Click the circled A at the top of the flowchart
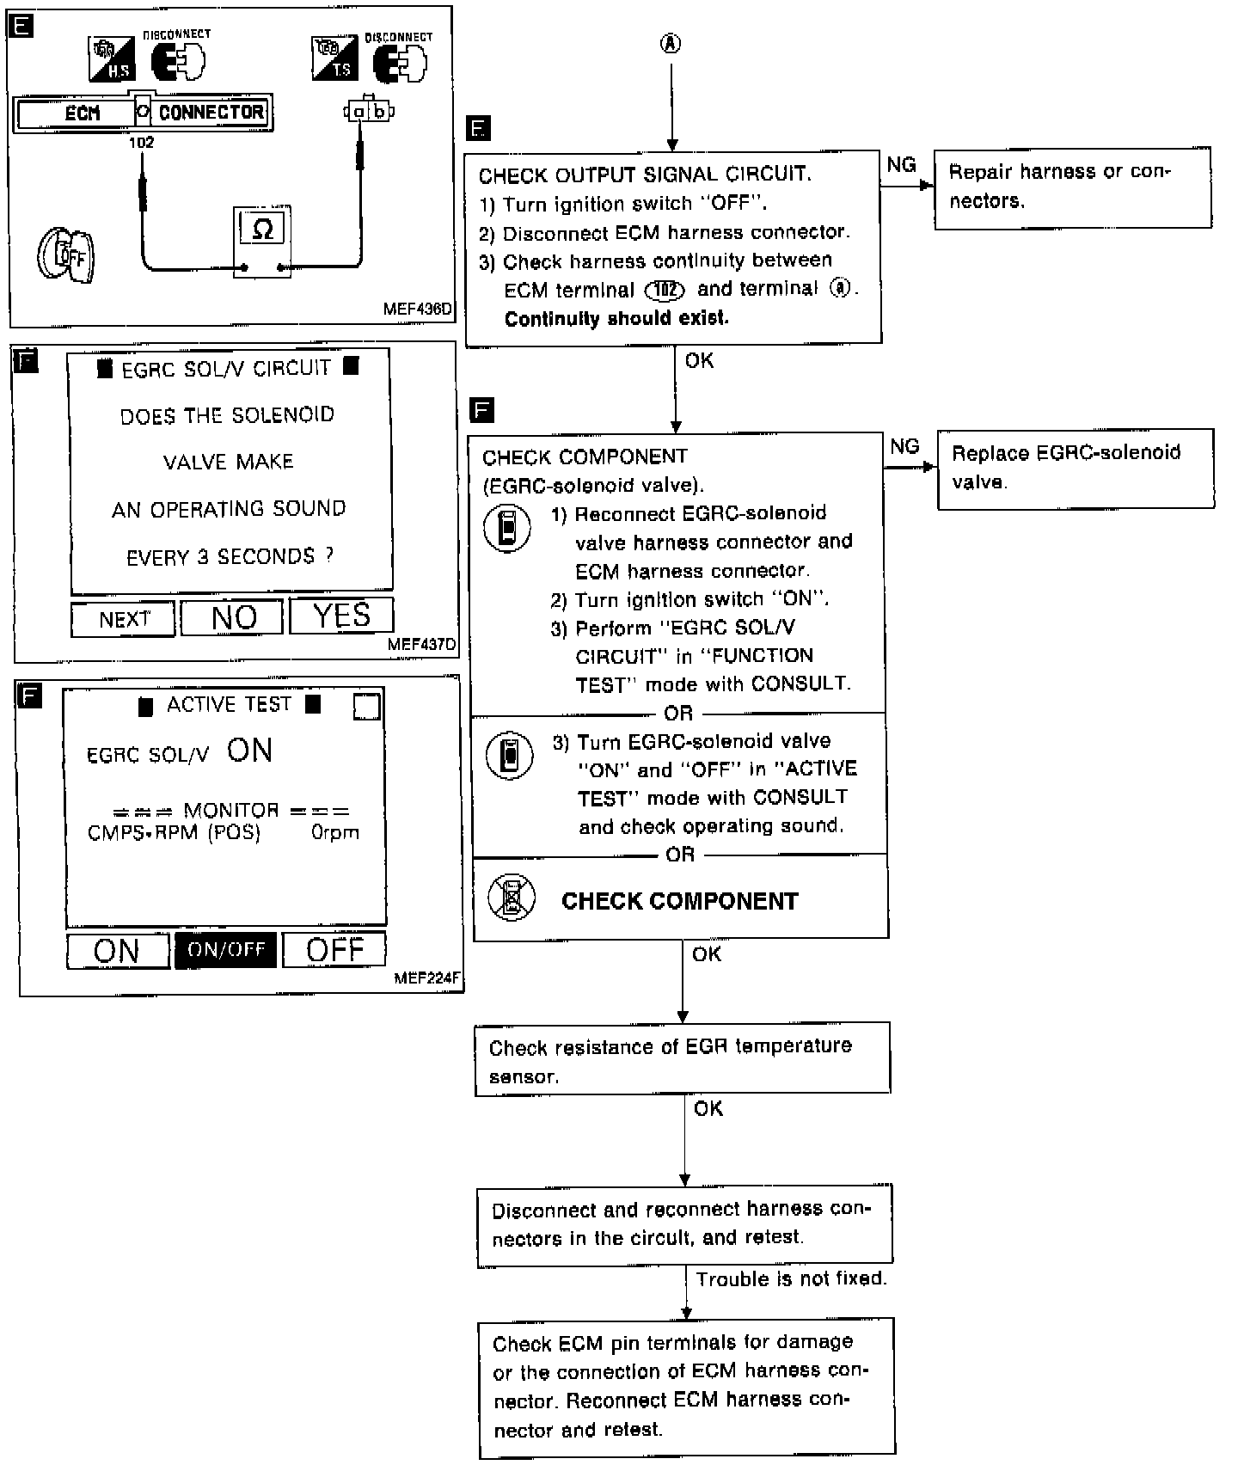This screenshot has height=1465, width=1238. click(671, 44)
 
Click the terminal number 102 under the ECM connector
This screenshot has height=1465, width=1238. click(141, 143)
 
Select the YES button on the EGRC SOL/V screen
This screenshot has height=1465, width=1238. click(341, 616)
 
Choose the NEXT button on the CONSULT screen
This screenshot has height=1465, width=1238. click(124, 620)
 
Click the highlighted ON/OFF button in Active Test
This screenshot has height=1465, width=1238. click(226, 950)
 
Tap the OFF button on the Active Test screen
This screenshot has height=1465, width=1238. click(334, 950)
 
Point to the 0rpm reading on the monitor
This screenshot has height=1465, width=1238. click(335, 832)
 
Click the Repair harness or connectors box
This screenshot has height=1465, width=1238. click(1072, 187)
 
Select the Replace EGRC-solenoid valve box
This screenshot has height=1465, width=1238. click(1075, 468)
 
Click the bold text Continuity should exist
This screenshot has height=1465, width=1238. click(616, 319)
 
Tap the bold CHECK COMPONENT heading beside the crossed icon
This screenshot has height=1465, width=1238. click(679, 901)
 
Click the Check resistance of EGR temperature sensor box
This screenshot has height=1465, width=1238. click(682, 1059)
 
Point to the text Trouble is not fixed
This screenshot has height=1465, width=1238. click(791, 1279)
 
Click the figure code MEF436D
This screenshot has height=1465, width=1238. click(418, 309)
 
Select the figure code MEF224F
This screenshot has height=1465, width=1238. click(427, 978)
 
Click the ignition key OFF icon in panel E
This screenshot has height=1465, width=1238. click(66, 255)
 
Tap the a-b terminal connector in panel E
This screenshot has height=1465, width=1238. click(369, 112)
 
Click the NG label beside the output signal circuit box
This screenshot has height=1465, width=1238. click(901, 165)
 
